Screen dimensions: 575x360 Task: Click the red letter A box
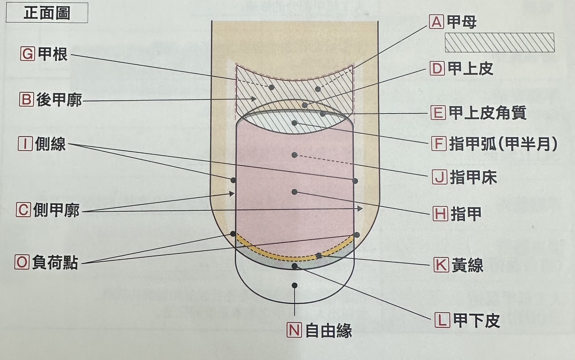pos(436,22)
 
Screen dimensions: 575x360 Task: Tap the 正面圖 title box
pos(47,13)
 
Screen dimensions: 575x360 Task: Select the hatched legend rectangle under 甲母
pos(500,42)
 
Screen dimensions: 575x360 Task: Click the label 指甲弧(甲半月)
pos(503,144)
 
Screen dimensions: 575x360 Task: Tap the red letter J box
pos(440,177)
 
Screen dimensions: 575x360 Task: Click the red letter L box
pos(442,320)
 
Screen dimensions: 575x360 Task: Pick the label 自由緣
pos(329,331)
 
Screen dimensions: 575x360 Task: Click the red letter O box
pos(22,262)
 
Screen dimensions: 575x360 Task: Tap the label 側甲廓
pos(56,210)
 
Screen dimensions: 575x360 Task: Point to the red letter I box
pos(25,144)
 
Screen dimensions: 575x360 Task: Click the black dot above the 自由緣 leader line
pos(295,285)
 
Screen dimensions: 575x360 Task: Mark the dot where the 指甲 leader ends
pos(295,192)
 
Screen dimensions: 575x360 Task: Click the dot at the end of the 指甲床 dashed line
pos(295,155)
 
